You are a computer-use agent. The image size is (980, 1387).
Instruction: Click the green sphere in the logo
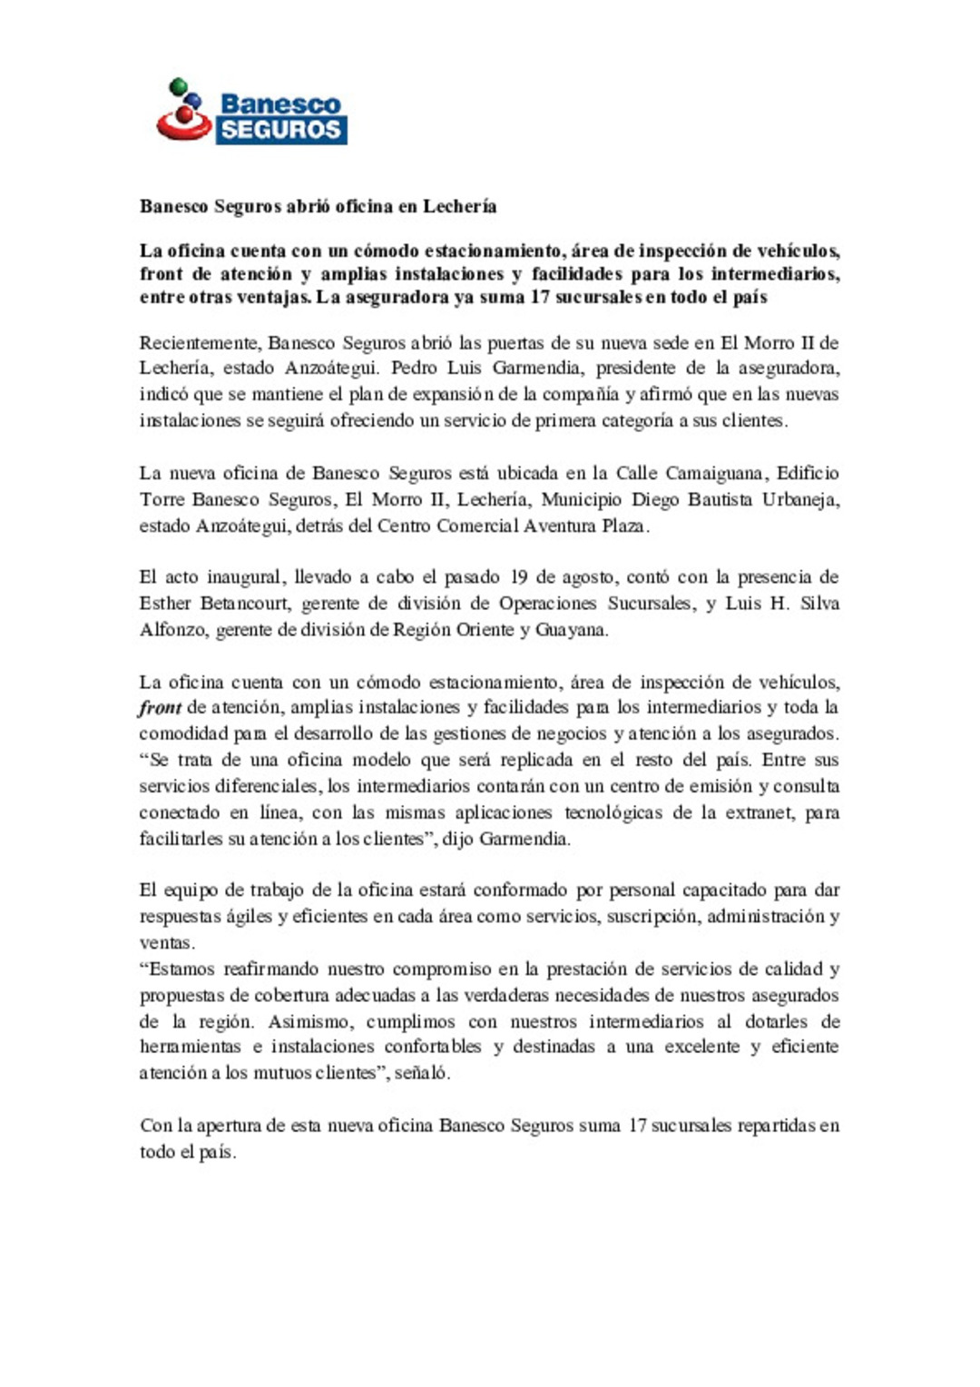click(179, 85)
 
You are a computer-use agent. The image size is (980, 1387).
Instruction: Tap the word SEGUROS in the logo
click(280, 130)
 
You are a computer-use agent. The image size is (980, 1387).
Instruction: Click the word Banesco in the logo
click(280, 103)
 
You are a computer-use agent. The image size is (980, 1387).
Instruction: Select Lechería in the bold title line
click(459, 206)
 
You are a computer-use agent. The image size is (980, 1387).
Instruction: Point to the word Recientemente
click(200, 343)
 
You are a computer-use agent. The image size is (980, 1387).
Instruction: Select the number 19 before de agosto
click(519, 577)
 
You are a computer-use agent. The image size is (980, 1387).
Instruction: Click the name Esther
click(165, 604)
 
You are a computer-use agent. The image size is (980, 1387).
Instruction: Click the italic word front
click(160, 708)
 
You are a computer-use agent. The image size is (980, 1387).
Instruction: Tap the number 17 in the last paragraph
click(637, 1126)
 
